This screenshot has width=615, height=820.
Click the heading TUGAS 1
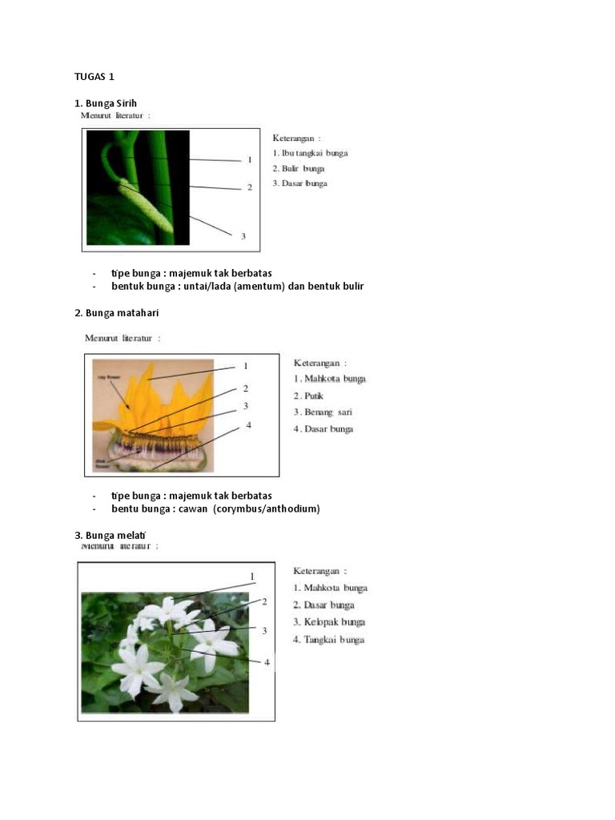click(x=94, y=77)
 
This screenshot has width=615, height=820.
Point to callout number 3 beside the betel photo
click(x=243, y=235)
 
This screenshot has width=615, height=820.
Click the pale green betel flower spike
click(x=146, y=205)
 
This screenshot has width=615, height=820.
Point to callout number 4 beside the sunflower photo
click(x=249, y=425)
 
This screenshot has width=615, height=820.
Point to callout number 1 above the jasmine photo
click(x=252, y=577)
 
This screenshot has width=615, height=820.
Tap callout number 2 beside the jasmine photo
click(x=264, y=601)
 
